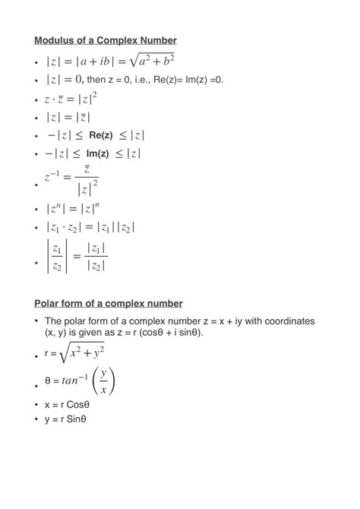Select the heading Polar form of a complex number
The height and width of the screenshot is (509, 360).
[x=108, y=303]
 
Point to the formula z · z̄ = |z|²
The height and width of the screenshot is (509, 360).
[x=71, y=99]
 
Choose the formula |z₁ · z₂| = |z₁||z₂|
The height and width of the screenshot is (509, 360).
[x=90, y=227]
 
